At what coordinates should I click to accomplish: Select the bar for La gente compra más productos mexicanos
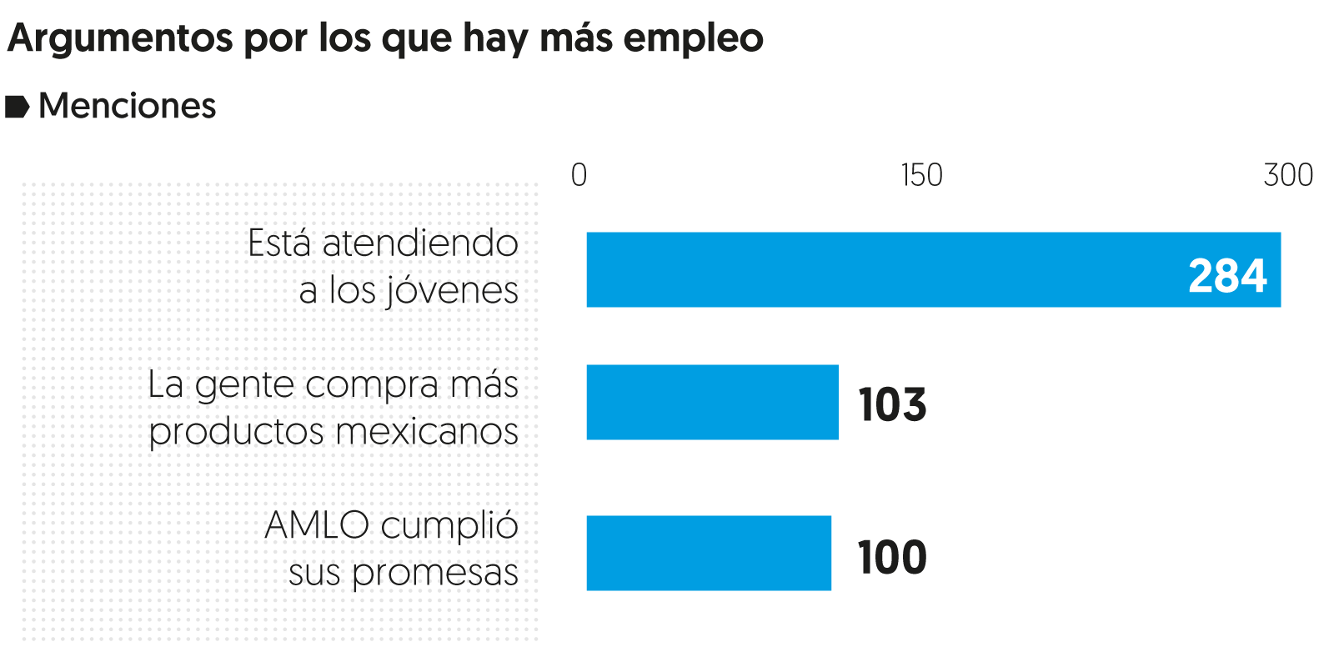point(712,402)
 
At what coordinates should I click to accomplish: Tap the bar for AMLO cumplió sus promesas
point(709,553)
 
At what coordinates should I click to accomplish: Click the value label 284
point(1227,276)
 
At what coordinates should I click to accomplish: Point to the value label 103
point(892,405)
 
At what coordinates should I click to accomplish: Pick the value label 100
point(892,557)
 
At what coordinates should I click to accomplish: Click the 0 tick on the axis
point(579,175)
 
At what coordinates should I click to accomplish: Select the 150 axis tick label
point(921,175)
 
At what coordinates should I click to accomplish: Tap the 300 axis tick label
point(1288,175)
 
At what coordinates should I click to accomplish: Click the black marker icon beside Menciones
point(18,107)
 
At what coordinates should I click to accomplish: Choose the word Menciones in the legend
point(128,106)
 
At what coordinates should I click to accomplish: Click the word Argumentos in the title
point(121,38)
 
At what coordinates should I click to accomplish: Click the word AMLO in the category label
point(317,525)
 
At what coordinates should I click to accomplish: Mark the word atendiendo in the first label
point(420,243)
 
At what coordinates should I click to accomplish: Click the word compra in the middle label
point(372,385)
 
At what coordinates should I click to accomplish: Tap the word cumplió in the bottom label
point(449,526)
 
